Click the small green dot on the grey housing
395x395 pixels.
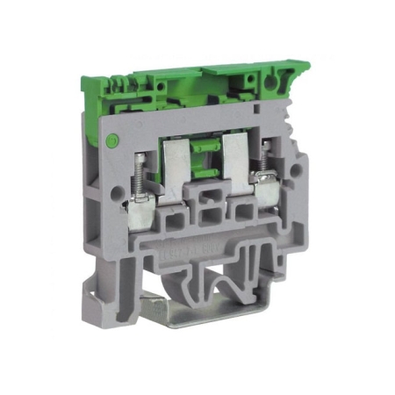(111, 140)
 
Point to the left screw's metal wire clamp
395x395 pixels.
(140, 189)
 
